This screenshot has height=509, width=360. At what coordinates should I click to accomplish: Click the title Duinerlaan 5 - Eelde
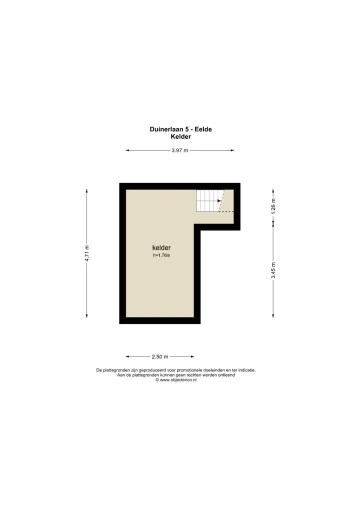180,129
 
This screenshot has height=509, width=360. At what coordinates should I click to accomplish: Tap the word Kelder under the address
181,136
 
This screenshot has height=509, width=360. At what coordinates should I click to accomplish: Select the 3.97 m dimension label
180,150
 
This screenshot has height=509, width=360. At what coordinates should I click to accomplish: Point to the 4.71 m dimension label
86,253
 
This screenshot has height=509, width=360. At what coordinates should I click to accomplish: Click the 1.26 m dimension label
273,206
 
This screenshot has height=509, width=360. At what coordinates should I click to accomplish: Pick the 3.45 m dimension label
273,270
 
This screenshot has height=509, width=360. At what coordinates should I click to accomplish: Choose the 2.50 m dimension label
160,357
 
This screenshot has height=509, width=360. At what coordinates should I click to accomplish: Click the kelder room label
161,247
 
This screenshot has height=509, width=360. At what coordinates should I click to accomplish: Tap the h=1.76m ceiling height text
161,255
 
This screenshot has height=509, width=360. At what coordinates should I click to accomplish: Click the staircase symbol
209,201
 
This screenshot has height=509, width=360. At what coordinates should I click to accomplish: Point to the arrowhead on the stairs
219,201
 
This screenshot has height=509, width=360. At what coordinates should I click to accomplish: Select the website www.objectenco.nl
178,380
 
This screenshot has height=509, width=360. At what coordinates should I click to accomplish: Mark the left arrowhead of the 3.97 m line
127,150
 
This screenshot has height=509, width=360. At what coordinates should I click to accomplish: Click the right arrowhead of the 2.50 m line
192,357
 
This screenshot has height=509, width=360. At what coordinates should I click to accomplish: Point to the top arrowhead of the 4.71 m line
86,191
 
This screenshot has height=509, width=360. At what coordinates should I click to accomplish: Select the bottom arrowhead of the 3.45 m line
273,315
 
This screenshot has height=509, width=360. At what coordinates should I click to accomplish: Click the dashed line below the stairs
226,211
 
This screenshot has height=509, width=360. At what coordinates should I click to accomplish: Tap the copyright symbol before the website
157,380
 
